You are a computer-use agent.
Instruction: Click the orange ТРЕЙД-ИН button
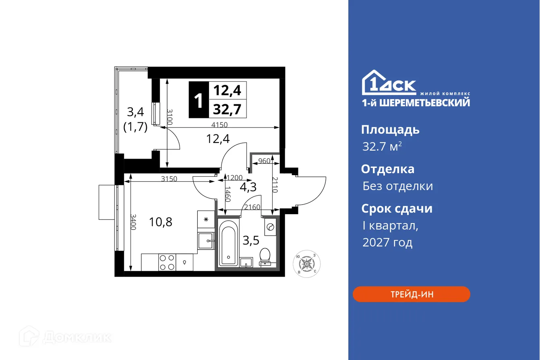pyautogui.click(x=411, y=294)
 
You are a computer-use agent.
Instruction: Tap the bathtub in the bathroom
pyautogui.click(x=228, y=242)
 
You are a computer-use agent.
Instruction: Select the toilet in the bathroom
pyautogui.click(x=265, y=256)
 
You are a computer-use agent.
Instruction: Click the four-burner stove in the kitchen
pyautogui.click(x=167, y=262)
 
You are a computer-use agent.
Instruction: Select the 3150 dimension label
pyautogui.click(x=169, y=179)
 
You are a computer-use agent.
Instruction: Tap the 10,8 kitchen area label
pyautogui.click(x=161, y=221)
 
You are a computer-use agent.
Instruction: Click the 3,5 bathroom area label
pyautogui.click(x=250, y=240)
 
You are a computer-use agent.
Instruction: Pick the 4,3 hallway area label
pyautogui.click(x=248, y=187)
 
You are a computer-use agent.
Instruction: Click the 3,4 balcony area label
pyautogui.click(x=135, y=111)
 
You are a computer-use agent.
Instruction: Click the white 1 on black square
pyautogui.click(x=199, y=100)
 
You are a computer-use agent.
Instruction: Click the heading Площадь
pyautogui.click(x=390, y=130)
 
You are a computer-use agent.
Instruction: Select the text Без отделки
pyautogui.click(x=397, y=186)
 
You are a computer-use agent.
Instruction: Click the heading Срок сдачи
pyautogui.click(x=397, y=209)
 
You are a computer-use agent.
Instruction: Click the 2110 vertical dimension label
pyautogui.click(x=275, y=185)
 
